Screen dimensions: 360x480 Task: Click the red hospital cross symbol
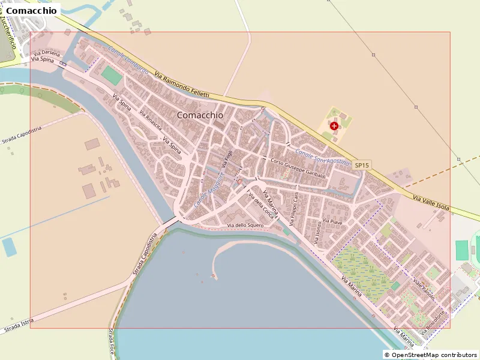click(x=334, y=126)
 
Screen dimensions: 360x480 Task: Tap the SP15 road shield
click(x=361, y=165)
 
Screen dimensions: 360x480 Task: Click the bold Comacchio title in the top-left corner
click(x=32, y=10)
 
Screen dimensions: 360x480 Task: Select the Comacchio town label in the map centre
click(x=200, y=115)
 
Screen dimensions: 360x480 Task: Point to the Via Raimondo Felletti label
click(x=182, y=85)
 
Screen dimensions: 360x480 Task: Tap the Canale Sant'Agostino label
click(x=322, y=157)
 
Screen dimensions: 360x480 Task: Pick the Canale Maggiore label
click(x=209, y=190)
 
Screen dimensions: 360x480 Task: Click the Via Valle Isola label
click(x=431, y=202)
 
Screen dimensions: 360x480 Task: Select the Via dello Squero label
click(x=246, y=226)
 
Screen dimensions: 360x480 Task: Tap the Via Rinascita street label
click(x=151, y=120)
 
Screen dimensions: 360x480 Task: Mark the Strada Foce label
click(x=112, y=341)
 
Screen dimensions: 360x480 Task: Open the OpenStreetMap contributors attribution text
click(x=430, y=355)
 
